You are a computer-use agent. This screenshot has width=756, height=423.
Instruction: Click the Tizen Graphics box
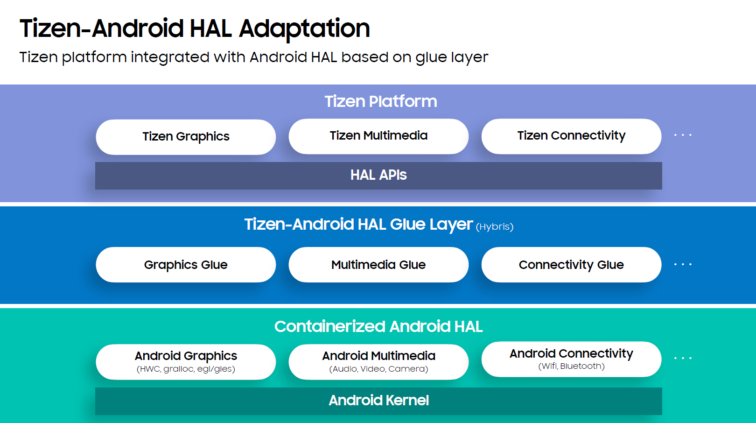point(186,137)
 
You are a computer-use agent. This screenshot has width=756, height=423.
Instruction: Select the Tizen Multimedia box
point(378,136)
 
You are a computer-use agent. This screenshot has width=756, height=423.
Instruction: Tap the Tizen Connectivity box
point(571,136)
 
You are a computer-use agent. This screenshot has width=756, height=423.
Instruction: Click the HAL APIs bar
point(378,176)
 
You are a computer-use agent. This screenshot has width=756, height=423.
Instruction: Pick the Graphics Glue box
point(186,265)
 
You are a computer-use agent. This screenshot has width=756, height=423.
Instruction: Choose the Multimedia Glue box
point(378,265)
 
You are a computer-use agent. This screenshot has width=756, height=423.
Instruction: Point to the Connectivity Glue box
point(571,265)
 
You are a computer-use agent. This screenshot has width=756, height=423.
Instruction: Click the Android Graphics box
point(186,361)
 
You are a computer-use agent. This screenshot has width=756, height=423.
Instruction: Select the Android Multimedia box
point(378,361)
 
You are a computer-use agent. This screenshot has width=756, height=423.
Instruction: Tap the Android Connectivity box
point(571,359)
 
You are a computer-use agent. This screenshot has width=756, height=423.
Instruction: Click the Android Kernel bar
point(378,401)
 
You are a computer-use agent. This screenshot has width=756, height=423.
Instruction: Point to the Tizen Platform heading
point(381,101)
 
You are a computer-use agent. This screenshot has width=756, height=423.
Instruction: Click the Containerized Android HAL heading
point(378,326)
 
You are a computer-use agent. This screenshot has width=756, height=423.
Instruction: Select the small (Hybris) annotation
point(495,227)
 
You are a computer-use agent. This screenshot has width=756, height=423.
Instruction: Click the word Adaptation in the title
point(304,28)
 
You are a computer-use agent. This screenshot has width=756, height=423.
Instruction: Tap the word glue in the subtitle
point(431,57)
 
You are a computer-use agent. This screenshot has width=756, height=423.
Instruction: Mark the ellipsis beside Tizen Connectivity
point(683,135)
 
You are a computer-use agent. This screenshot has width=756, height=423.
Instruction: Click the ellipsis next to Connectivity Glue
point(683,264)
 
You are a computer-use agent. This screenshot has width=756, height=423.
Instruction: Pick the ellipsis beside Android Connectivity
point(683,358)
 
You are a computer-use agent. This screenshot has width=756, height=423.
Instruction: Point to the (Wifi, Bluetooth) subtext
point(571,366)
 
